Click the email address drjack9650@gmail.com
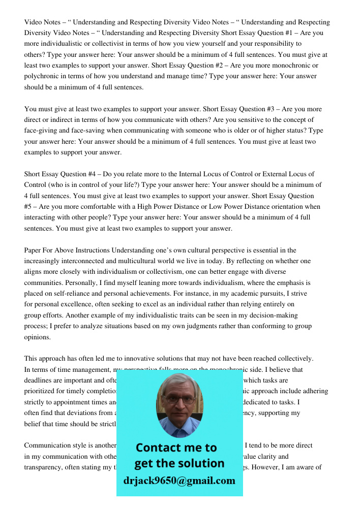[x=179, y=481]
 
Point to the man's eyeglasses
[x=179, y=399]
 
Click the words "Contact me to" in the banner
[x=176, y=448]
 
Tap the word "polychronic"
[x=43, y=76]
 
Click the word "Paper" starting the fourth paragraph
[x=34, y=250]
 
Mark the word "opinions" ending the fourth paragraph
[x=38, y=336]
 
